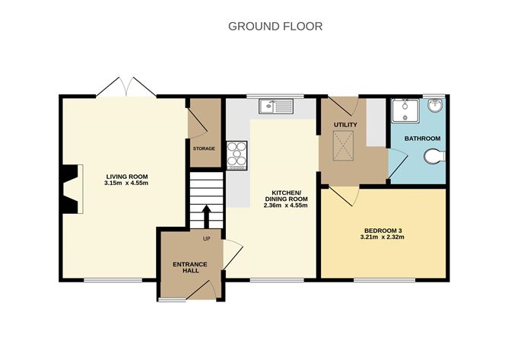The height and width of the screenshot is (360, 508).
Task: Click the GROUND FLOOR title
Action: point(275,26)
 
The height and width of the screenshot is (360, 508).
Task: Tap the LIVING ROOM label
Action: point(125,175)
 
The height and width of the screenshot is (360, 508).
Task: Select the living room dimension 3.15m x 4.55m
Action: point(125,183)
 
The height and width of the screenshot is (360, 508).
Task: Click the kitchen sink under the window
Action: point(275,107)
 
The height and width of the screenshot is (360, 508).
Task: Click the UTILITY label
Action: point(345,124)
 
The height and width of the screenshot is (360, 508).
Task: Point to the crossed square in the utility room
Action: point(344,145)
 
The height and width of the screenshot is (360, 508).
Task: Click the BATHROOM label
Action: point(422,138)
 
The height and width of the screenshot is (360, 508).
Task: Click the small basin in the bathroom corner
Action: point(437,106)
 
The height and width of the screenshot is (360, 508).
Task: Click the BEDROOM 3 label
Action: point(383,229)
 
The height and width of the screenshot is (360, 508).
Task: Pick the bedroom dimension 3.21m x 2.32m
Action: point(383,237)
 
